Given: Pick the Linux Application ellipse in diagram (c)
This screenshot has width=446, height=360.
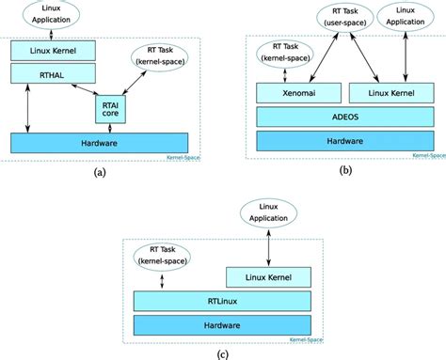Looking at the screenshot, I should (270, 212).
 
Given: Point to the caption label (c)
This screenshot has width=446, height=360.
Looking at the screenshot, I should (222, 353).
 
